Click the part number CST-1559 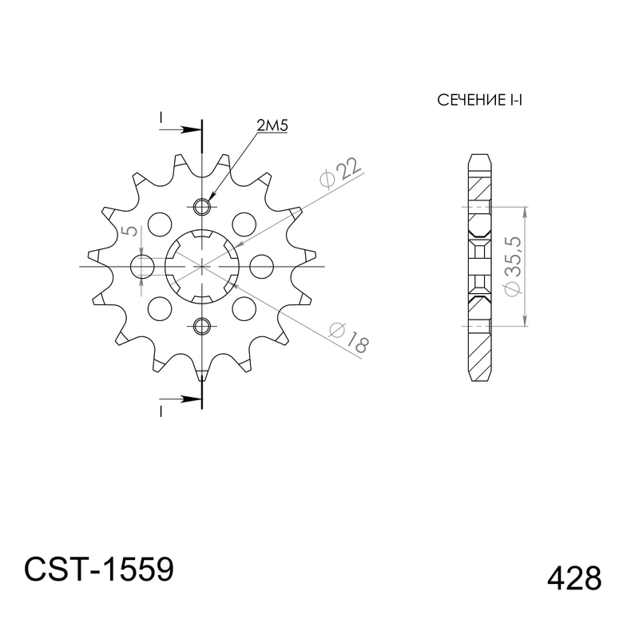(x=98, y=570)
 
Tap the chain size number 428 (x=574, y=577)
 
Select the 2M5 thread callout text (x=272, y=125)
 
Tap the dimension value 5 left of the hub (x=128, y=232)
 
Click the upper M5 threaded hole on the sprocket (x=201, y=206)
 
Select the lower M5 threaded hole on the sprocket (x=201, y=325)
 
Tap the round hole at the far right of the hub (x=260, y=265)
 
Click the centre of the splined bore (x=201, y=265)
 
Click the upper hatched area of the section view (x=478, y=188)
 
